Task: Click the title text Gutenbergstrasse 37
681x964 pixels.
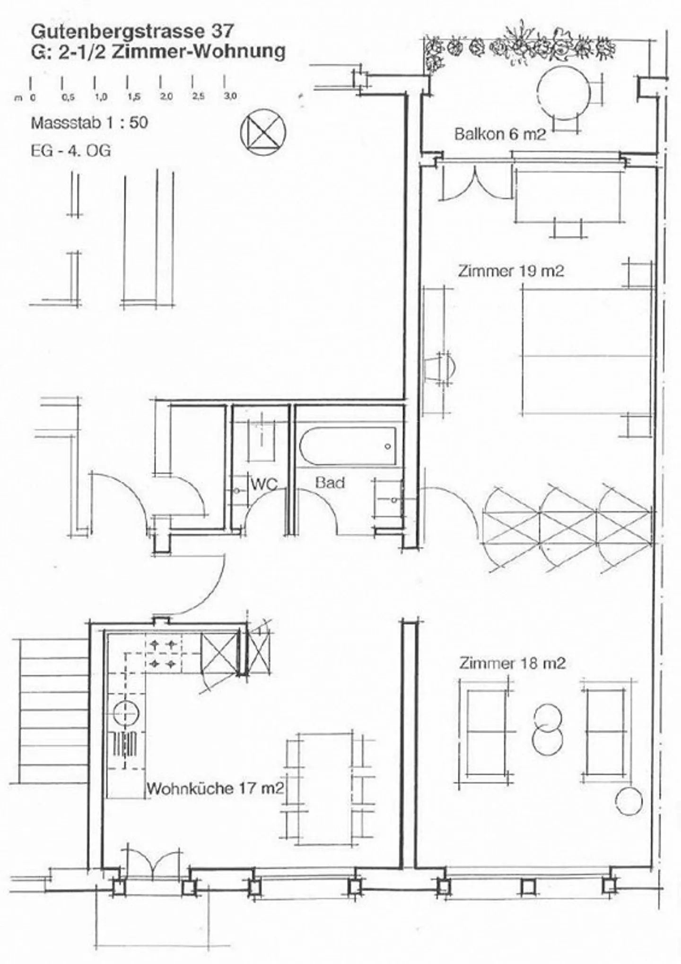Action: (x=132, y=31)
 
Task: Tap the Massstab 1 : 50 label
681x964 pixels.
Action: (x=89, y=123)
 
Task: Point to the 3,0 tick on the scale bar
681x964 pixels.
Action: (x=230, y=96)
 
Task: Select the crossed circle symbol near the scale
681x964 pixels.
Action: (x=263, y=130)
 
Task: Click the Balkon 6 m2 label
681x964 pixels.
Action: (x=500, y=134)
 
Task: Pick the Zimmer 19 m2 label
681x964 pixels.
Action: (x=511, y=271)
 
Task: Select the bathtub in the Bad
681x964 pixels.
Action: (x=348, y=447)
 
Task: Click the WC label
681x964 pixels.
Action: (x=264, y=484)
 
